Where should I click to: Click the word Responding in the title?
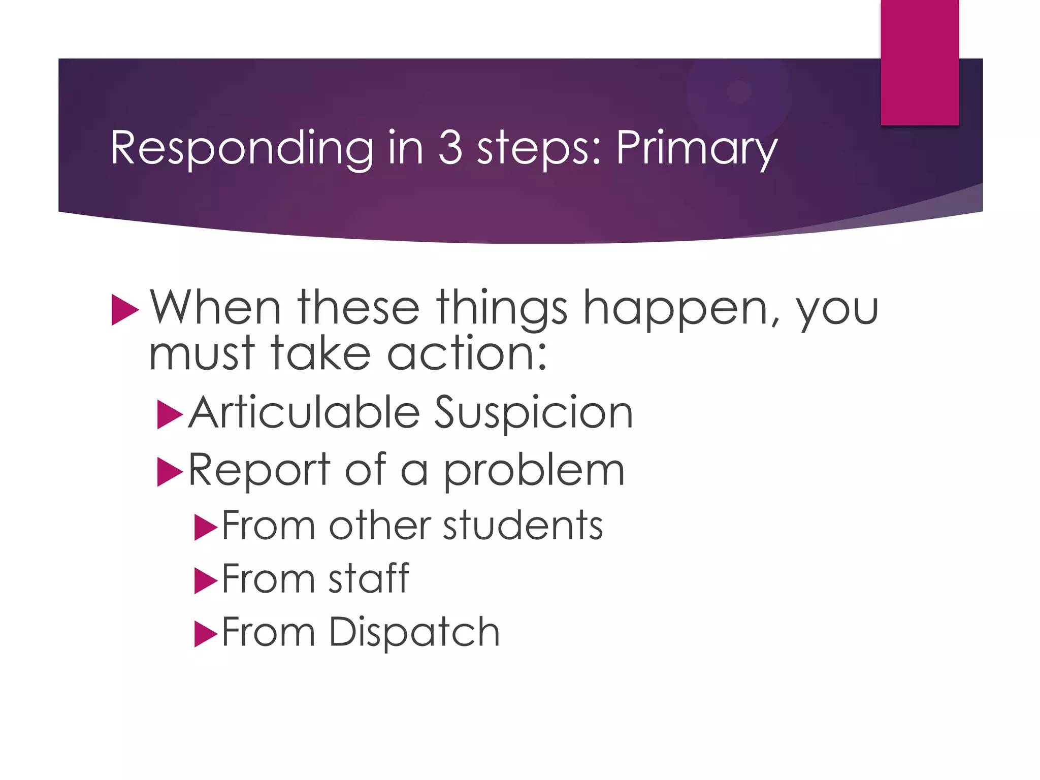point(242,148)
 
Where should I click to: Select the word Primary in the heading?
point(696,148)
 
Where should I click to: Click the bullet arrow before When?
point(124,309)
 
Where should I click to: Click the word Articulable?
point(304,412)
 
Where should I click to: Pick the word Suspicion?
point(533,412)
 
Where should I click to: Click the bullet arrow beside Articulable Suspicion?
point(169,414)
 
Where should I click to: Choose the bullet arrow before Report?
point(169,472)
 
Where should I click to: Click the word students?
point(523,525)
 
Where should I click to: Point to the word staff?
point(369,578)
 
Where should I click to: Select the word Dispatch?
point(414,632)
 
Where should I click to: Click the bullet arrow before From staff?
point(205,581)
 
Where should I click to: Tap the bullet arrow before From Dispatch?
point(205,634)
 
